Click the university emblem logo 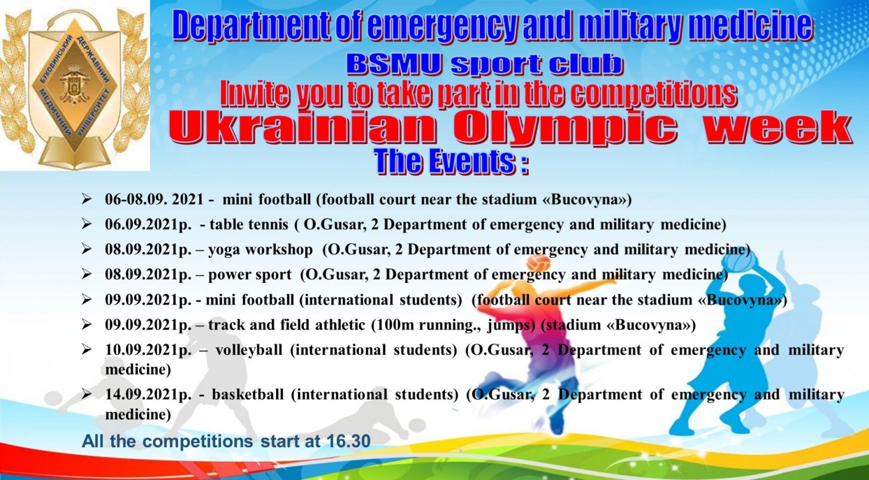75,86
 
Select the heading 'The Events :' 451,162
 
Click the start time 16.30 349,441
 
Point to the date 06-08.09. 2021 154,199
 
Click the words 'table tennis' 249,224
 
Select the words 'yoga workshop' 260,250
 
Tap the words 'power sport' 250,275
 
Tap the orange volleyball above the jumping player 538,262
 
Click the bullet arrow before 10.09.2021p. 87,350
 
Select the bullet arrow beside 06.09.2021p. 87,224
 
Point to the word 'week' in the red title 777,128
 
